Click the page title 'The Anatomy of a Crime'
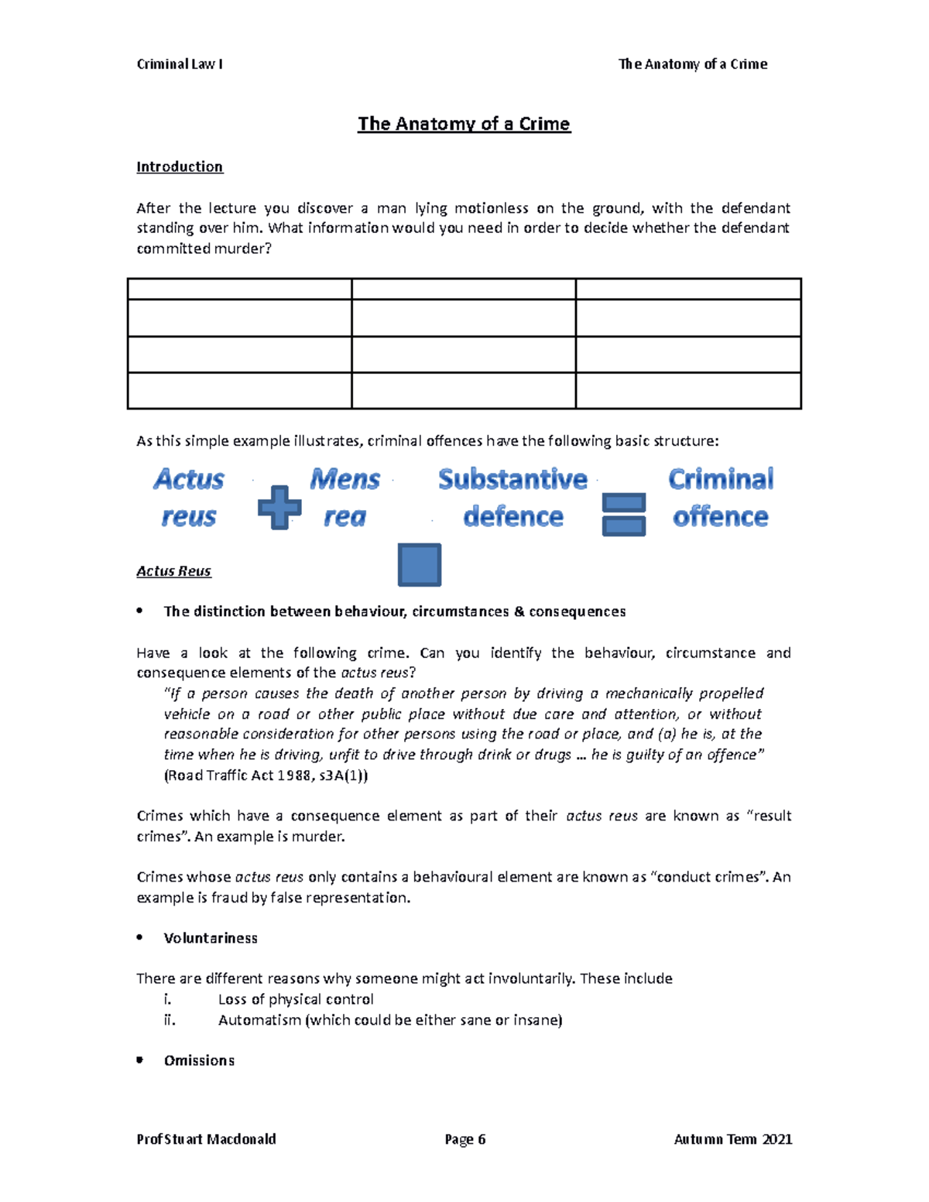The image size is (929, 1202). [464, 124]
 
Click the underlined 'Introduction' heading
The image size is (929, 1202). [180, 166]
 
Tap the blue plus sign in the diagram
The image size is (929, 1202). [279, 508]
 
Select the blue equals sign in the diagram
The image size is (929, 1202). [623, 515]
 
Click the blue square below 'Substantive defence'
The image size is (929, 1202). [420, 564]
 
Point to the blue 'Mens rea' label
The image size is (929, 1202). [345, 498]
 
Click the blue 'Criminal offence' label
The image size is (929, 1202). [720, 498]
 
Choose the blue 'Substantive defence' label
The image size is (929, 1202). [512, 498]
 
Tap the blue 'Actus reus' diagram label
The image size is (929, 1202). [188, 498]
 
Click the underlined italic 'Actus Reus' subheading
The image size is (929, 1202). [173, 571]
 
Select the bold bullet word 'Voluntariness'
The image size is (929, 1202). [211, 938]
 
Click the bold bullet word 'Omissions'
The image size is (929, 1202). [199, 1060]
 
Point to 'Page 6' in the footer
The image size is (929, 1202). [464, 1139]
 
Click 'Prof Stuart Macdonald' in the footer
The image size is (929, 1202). [206, 1139]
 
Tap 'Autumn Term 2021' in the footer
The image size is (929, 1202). [732, 1139]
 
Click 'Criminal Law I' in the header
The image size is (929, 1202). [180, 64]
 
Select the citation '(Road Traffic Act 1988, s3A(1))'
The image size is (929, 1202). [266, 776]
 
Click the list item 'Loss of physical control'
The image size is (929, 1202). [296, 999]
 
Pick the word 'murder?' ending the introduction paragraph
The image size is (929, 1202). [247, 248]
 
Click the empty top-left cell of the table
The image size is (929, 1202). [239, 289]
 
